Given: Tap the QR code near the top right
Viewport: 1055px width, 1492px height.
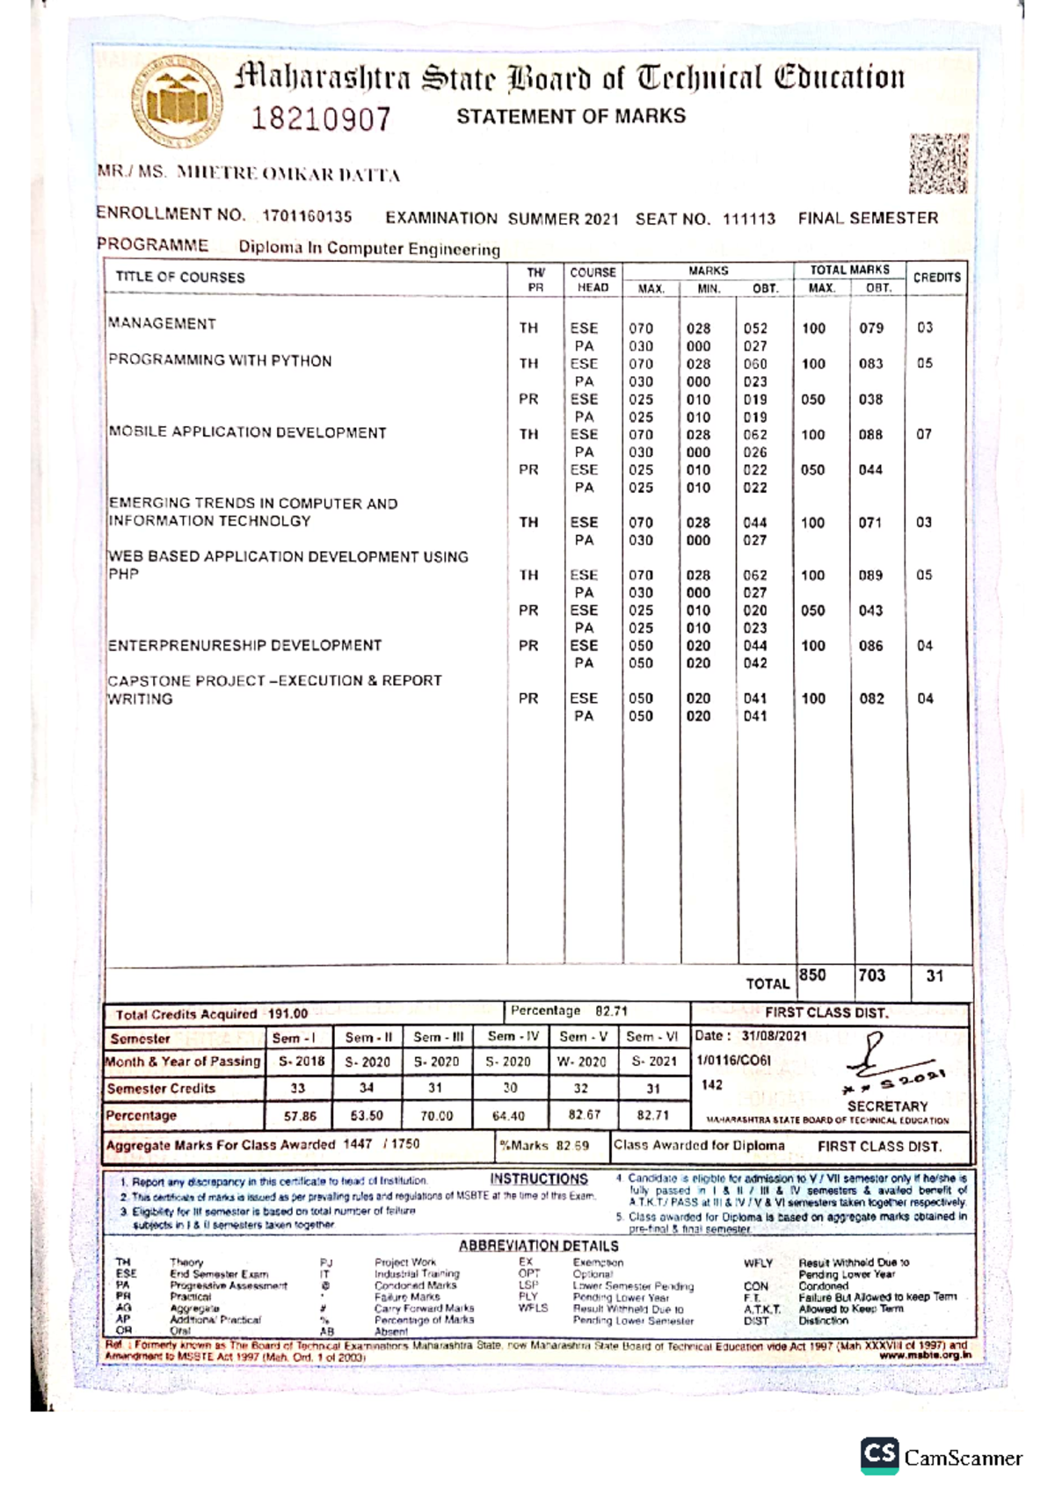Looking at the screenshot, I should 938,163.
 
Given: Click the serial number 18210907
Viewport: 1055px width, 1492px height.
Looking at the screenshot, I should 321,119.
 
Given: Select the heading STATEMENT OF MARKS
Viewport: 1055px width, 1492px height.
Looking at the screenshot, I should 571,116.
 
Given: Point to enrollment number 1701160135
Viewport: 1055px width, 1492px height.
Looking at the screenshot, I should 307,216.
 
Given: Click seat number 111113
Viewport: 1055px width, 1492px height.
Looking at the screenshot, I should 749,219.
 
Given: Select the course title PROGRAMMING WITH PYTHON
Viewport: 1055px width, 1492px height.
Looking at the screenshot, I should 220,361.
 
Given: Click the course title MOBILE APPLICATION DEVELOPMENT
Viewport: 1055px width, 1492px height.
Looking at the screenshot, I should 247,432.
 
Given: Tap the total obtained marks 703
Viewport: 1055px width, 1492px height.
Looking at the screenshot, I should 871,975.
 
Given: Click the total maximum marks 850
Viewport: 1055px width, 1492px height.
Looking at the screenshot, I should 812,975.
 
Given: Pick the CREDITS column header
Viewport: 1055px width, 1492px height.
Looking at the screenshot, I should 936,278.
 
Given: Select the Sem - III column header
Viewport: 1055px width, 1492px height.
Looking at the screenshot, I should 438,1037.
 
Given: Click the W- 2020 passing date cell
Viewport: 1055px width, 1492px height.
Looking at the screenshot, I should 581,1061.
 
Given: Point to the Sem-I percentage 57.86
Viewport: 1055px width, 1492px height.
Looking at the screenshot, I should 300,1116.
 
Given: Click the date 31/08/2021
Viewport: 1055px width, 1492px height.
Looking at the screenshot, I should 774,1036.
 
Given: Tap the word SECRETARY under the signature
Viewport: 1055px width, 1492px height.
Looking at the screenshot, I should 887,1106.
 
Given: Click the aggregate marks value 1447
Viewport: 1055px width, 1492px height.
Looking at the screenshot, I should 358,1144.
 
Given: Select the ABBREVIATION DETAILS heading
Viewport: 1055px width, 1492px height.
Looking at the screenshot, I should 538,1246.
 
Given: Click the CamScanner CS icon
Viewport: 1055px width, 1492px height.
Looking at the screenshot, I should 880,1455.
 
